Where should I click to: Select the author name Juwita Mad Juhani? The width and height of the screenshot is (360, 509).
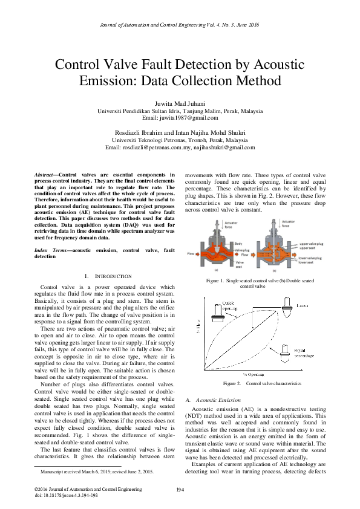pos(180,103)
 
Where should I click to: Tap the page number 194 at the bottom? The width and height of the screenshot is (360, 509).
pos(180,489)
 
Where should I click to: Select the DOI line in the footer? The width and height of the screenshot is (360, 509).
pos(66,494)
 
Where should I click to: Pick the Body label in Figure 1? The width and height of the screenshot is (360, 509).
pos(238,243)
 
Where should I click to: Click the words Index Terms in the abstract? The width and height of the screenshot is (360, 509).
pos(48,250)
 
